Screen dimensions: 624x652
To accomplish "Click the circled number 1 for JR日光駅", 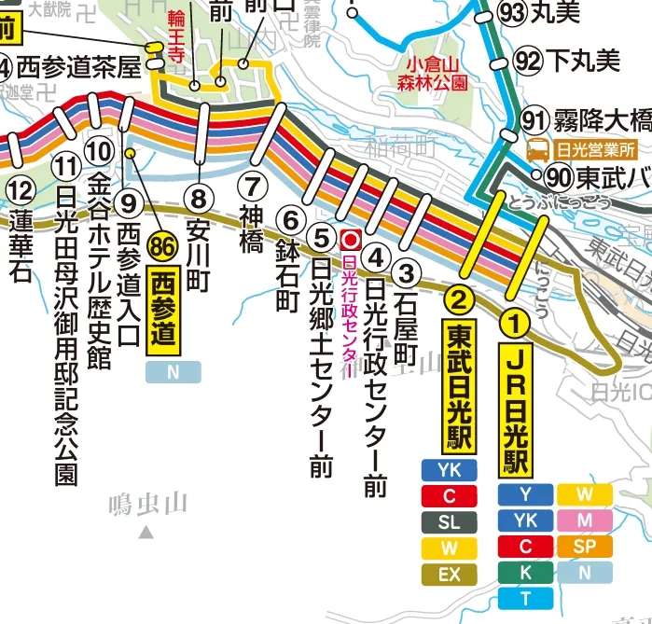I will point(515,323).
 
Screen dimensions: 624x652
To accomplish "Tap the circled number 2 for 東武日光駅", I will point(459,299).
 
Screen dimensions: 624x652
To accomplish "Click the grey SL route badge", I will point(449,522).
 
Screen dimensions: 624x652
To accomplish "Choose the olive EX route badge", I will point(449,575).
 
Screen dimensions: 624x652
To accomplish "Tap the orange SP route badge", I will point(585,546).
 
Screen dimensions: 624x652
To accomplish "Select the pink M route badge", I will point(585,520).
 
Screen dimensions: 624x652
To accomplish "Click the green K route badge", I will point(526,572).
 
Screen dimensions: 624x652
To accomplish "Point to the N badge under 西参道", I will point(173,372).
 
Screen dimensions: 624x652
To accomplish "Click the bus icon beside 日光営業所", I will point(538,149).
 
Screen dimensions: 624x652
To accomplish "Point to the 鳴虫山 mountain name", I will point(147,505).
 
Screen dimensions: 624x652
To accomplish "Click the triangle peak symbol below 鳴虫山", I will point(146,534).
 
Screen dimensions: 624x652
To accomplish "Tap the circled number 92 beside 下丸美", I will point(527,62).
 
